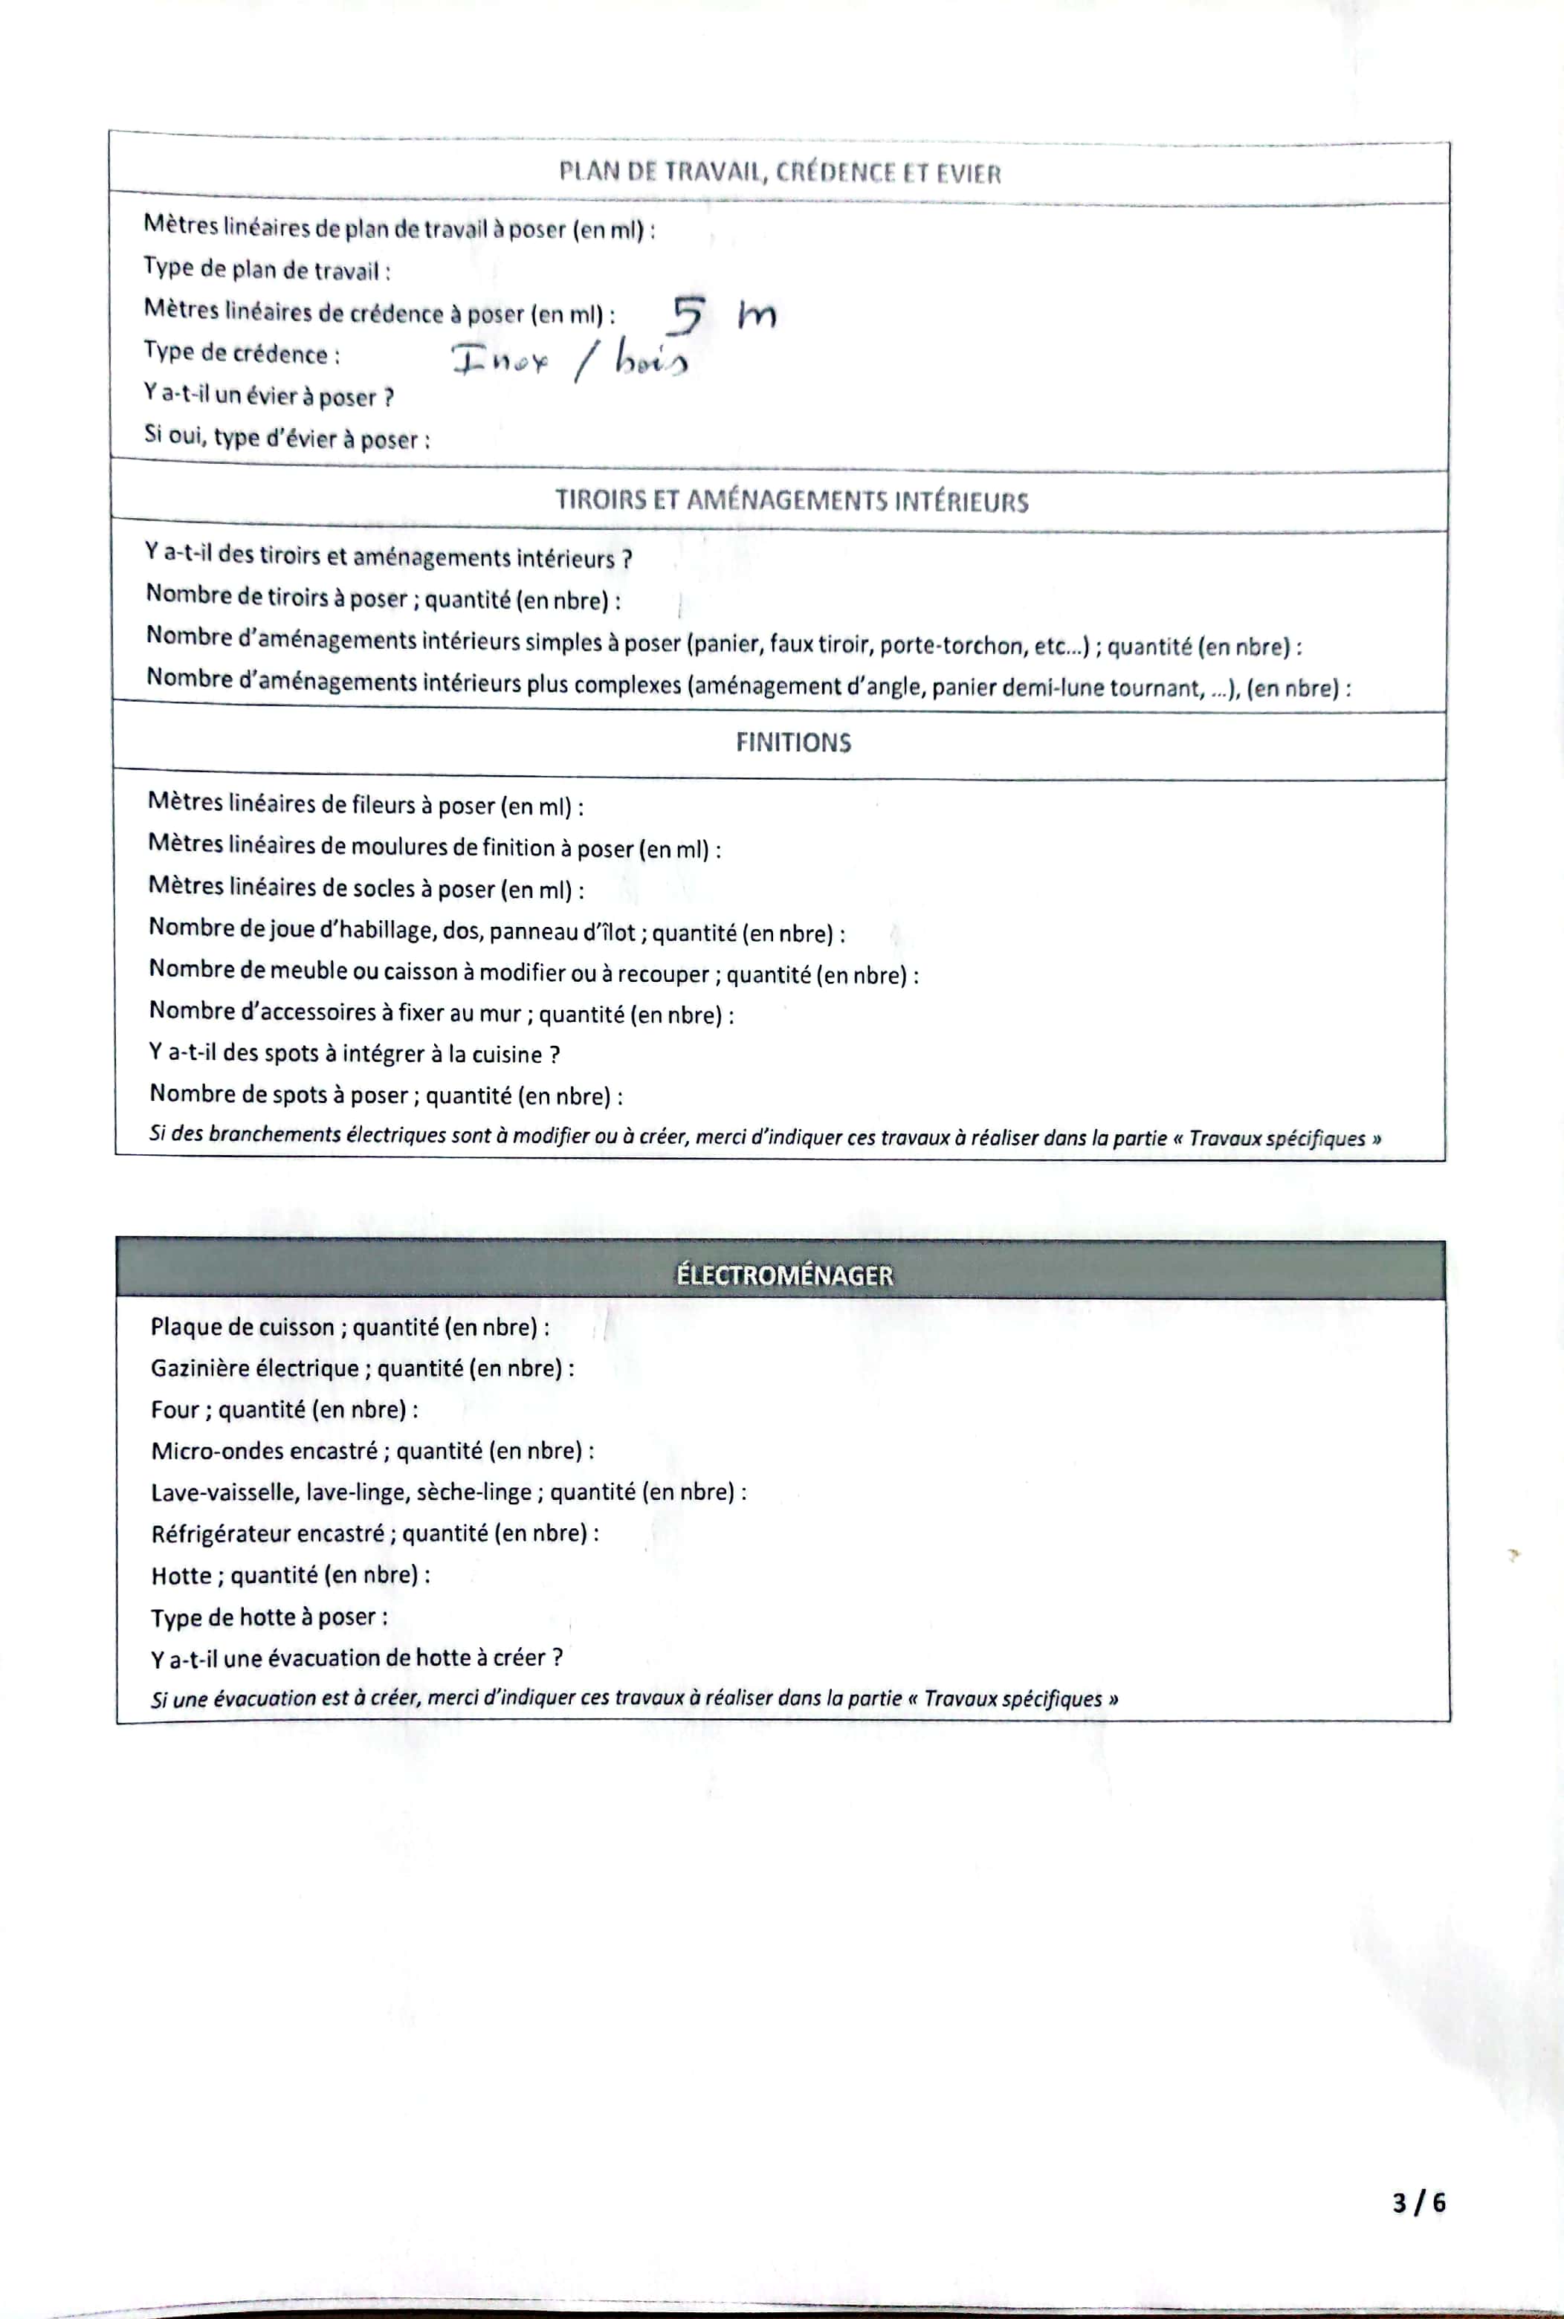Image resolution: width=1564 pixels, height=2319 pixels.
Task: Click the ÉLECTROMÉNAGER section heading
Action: [x=784, y=1275]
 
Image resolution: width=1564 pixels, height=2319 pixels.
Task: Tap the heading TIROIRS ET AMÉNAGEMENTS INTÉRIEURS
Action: [x=791, y=501]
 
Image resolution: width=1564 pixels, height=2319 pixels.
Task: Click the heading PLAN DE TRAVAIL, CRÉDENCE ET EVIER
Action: [x=779, y=172]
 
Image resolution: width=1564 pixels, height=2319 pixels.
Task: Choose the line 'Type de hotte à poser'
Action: [x=268, y=1617]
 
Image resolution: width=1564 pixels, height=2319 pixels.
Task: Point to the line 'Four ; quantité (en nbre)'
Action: [x=283, y=1409]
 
